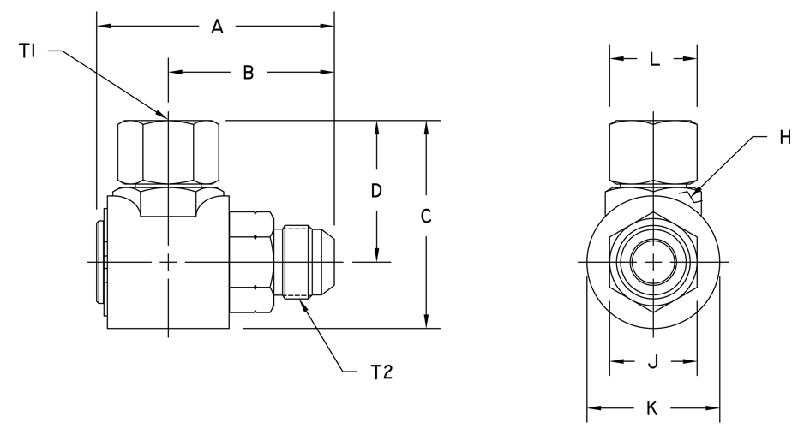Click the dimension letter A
[218, 26]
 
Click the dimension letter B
[249, 73]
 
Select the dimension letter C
[426, 217]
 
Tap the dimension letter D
[376, 190]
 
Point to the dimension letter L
[655, 59]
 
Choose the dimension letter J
[653, 362]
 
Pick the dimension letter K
[652, 408]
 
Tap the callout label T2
[381, 372]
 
